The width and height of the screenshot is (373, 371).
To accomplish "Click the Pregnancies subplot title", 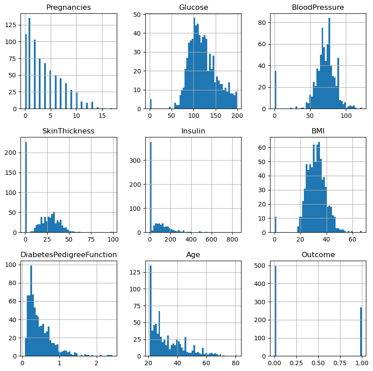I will click(69, 7).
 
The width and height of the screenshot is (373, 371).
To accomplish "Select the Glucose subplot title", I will click(193, 7).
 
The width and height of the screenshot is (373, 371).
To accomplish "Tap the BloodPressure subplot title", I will click(318, 7).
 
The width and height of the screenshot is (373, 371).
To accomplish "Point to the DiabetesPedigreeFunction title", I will click(69, 254).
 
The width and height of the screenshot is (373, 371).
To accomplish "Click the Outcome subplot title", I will click(318, 254).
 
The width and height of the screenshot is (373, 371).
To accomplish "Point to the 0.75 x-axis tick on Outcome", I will click(340, 363).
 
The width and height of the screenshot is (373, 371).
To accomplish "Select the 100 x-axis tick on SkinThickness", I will click(112, 239).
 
